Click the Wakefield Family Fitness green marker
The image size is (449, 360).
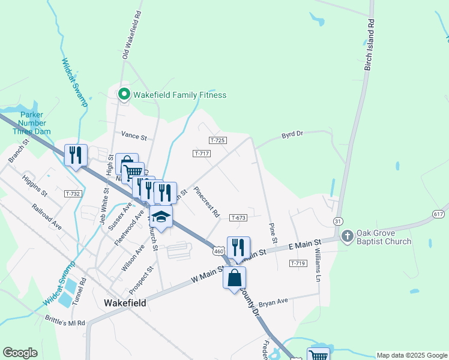[x=124, y=94]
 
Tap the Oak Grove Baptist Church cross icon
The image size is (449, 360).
[x=348, y=236]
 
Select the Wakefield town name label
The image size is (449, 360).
[x=124, y=303]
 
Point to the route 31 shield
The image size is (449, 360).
[x=338, y=221]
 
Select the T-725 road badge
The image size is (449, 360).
[x=218, y=140]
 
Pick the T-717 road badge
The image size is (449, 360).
[x=202, y=154]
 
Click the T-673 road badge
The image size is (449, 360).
[x=238, y=218]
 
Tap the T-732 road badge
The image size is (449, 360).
[x=73, y=194]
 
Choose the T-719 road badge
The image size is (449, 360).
[x=298, y=263]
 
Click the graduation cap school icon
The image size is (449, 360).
[x=161, y=216]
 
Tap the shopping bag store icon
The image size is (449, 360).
[x=234, y=278]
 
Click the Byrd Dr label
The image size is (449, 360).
[x=293, y=136]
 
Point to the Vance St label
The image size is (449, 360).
[x=134, y=136]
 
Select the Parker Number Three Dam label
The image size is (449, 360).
[x=35, y=123]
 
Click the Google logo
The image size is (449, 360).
[x=20, y=353]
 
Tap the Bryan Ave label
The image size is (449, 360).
[x=274, y=302]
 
